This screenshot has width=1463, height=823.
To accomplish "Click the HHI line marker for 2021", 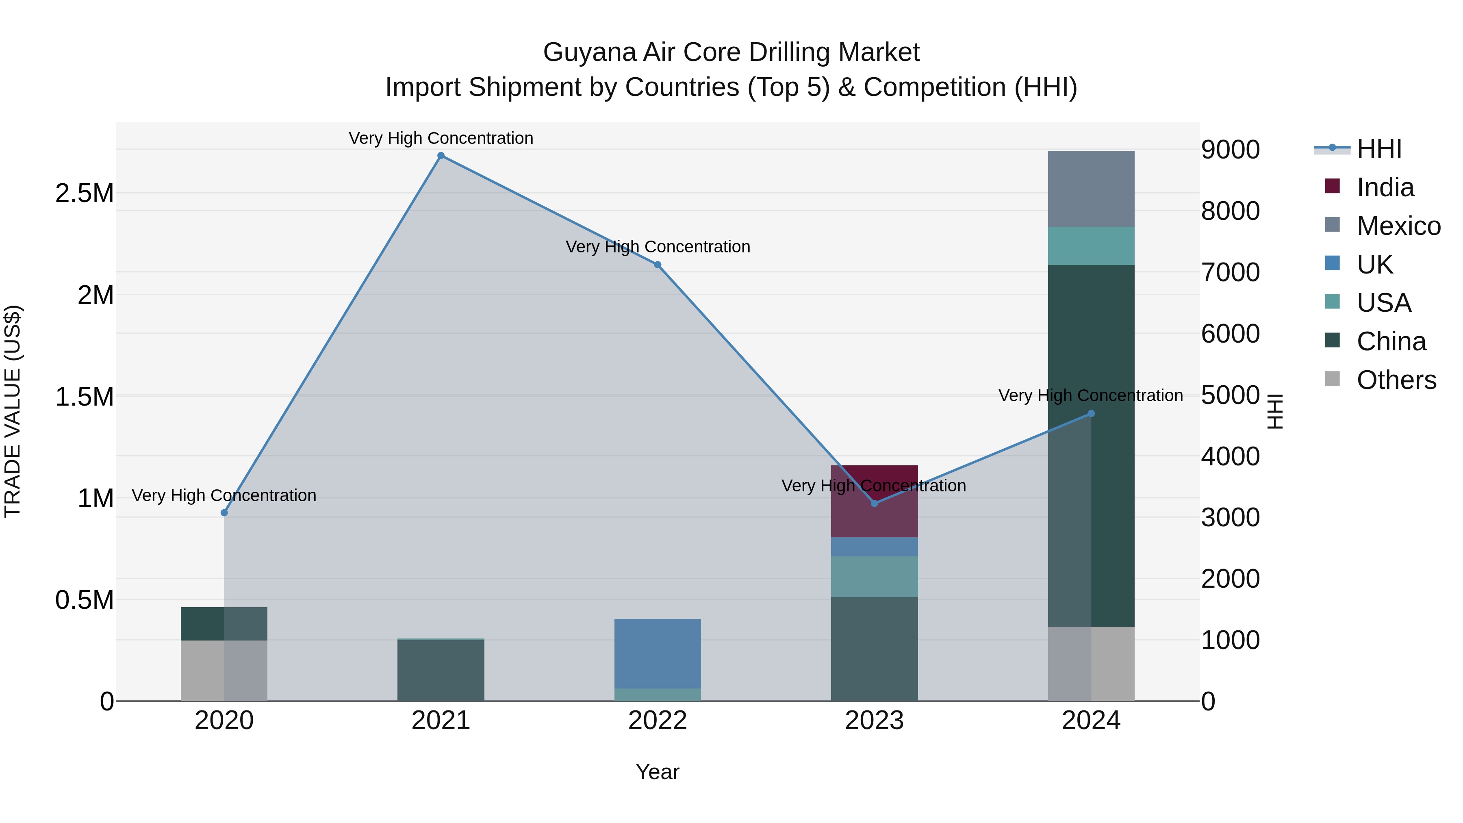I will pyautogui.click(x=441, y=156).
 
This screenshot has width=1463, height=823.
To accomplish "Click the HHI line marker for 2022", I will pyautogui.click(x=658, y=265).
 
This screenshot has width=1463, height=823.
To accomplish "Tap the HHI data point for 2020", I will pyautogui.click(x=224, y=513).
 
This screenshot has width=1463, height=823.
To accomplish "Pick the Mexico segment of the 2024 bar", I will pyautogui.click(x=1091, y=189).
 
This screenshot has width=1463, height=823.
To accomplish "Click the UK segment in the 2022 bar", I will pyautogui.click(x=658, y=653).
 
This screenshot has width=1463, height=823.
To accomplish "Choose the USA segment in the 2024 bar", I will pyautogui.click(x=1091, y=246).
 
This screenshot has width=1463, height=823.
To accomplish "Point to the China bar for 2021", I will pyautogui.click(x=441, y=670).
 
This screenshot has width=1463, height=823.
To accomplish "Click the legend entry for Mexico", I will pyautogui.click(x=1398, y=226).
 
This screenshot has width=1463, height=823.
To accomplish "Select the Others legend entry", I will pyautogui.click(x=1396, y=380).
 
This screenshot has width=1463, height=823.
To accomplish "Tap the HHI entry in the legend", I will pyautogui.click(x=1379, y=149).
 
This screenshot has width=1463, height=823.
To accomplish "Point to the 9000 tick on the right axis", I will pyautogui.click(x=1230, y=150).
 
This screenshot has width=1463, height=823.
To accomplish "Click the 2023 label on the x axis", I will pyautogui.click(x=874, y=721).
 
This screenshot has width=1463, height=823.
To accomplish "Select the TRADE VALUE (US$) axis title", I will pyautogui.click(x=13, y=411).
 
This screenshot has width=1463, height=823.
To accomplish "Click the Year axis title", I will pyautogui.click(x=658, y=772).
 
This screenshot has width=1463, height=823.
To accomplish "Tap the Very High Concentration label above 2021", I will pyautogui.click(x=441, y=138).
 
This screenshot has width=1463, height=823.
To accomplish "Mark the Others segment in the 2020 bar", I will pyautogui.click(x=224, y=670).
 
